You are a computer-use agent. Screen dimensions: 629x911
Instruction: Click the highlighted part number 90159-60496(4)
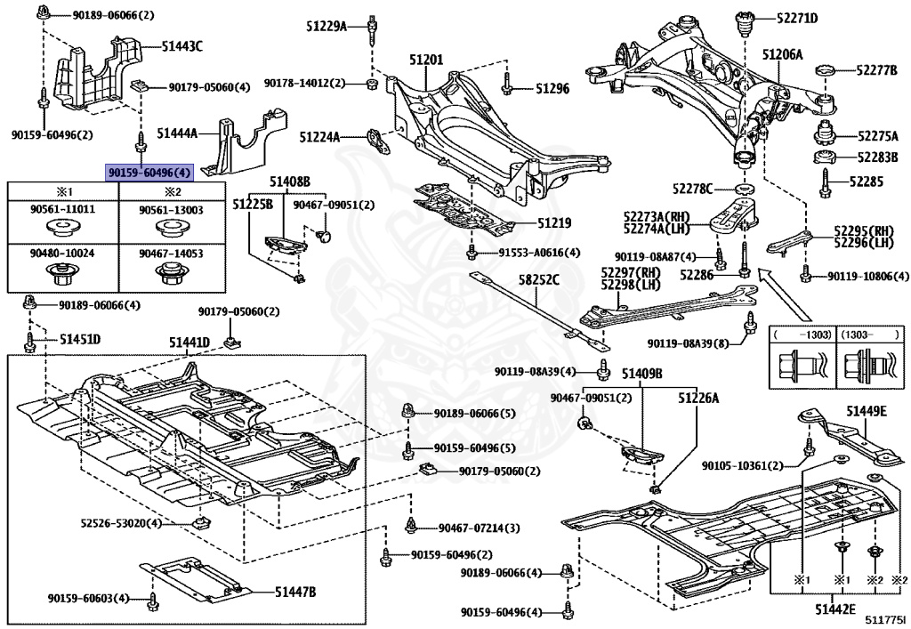point(149,172)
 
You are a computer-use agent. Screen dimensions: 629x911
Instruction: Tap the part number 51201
point(426,60)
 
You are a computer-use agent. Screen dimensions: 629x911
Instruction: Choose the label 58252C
point(538,280)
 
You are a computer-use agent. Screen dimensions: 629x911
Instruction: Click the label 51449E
point(866,410)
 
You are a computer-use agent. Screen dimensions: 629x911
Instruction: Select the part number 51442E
point(834,609)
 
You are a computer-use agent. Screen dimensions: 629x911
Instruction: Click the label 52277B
point(877,69)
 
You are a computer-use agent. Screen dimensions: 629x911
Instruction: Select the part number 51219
point(553,223)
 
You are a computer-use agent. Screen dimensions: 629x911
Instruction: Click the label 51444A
point(177,133)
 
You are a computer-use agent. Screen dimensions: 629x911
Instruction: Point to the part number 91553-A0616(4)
point(527,252)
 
